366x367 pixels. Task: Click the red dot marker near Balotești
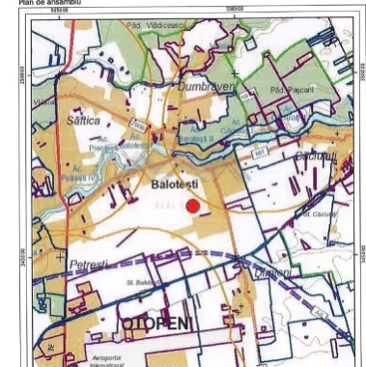point(192,205)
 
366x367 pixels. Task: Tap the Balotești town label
point(174,181)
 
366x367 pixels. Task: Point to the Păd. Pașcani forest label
point(281,89)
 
